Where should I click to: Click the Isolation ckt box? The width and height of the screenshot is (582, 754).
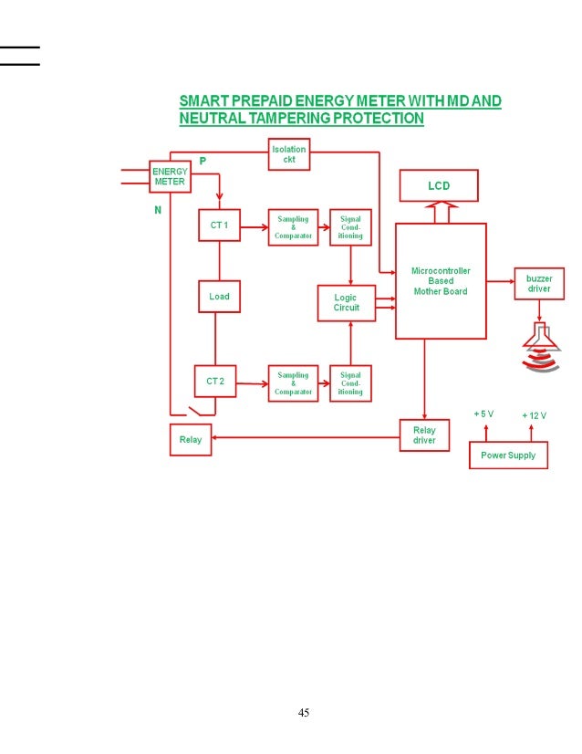(x=288, y=153)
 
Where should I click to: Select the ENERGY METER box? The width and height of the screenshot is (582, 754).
(x=169, y=176)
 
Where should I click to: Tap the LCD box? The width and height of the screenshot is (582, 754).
(x=438, y=186)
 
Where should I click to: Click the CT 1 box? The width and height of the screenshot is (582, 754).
(x=219, y=225)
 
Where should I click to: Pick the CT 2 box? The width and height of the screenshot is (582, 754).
(x=215, y=382)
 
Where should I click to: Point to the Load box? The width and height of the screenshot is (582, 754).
(x=219, y=297)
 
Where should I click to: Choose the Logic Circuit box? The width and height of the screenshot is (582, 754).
(x=346, y=302)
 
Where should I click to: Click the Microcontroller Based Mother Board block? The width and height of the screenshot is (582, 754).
(x=440, y=281)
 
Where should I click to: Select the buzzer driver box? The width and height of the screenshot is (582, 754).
(x=538, y=283)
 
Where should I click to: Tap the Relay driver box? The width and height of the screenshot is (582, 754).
(x=424, y=435)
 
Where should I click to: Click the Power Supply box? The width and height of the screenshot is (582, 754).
(x=508, y=455)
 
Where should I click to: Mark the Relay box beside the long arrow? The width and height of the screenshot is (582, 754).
(x=191, y=440)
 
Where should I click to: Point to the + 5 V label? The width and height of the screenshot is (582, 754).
(x=483, y=414)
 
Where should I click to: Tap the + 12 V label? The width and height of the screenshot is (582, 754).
(x=534, y=415)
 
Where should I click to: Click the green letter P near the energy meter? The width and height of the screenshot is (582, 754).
(x=203, y=161)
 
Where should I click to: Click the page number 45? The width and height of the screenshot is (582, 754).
(x=304, y=712)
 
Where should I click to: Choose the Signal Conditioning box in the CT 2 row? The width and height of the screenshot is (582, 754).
(x=350, y=383)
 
